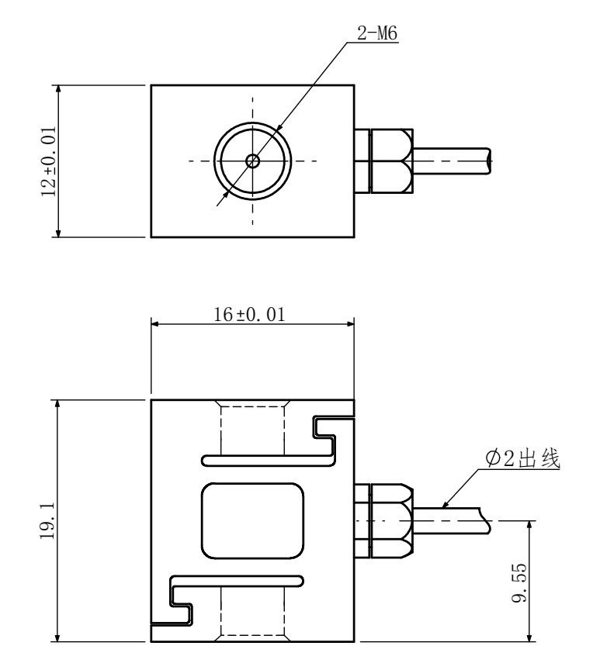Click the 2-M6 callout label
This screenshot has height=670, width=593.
pos(377,33)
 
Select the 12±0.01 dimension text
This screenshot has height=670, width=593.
pos(48,161)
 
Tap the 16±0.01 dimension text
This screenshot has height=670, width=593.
pos(249,315)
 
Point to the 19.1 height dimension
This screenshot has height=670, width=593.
pos(47,520)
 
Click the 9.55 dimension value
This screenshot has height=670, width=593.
pos(518,582)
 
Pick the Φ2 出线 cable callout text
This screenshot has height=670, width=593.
pos(522,458)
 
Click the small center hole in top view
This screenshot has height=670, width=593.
pos(253,161)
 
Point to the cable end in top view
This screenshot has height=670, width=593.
pos(489,161)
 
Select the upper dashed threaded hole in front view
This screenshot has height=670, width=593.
pos(253,428)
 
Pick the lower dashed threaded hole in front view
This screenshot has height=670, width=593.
pos(253,614)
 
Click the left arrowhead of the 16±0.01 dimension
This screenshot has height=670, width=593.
pos(154,323)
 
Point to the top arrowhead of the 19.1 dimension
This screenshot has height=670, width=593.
pos(57,404)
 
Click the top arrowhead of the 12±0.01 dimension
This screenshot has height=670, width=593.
pos(58,89)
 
